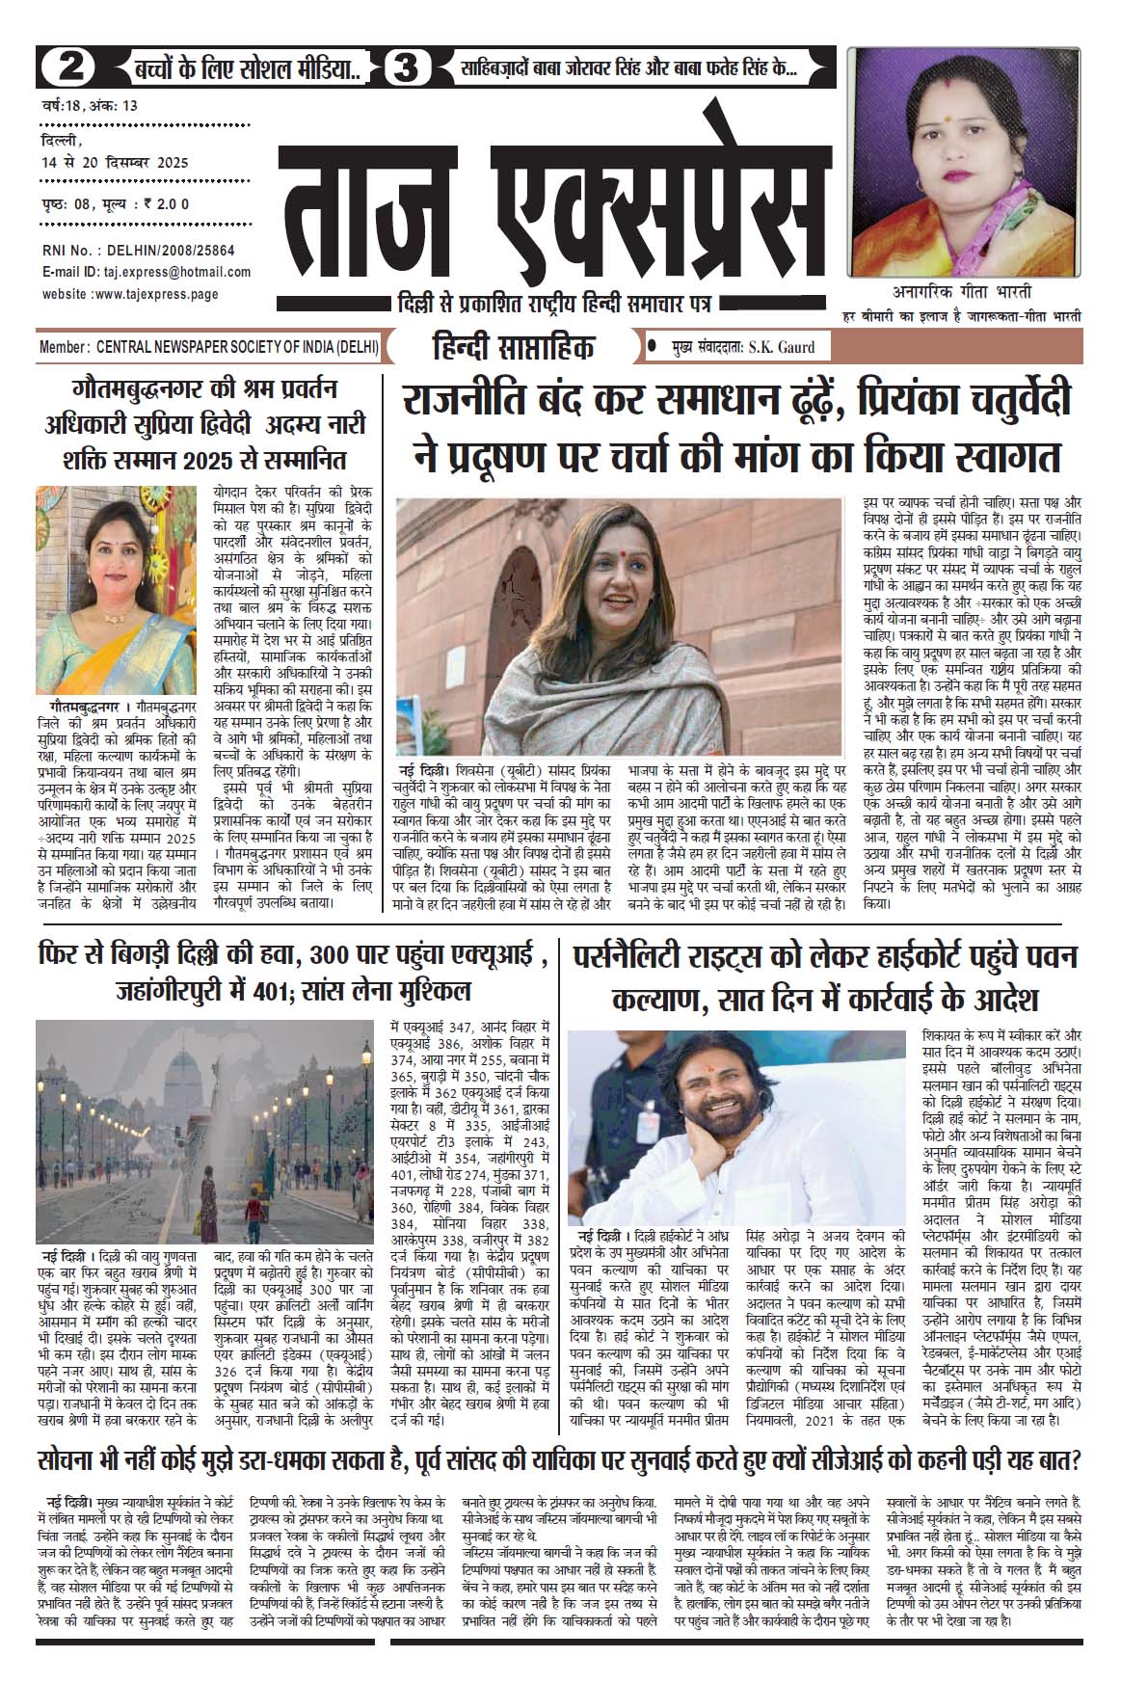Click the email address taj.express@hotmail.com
pyautogui.click(x=174, y=273)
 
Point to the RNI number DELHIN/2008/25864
pyautogui.click(x=166, y=250)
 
